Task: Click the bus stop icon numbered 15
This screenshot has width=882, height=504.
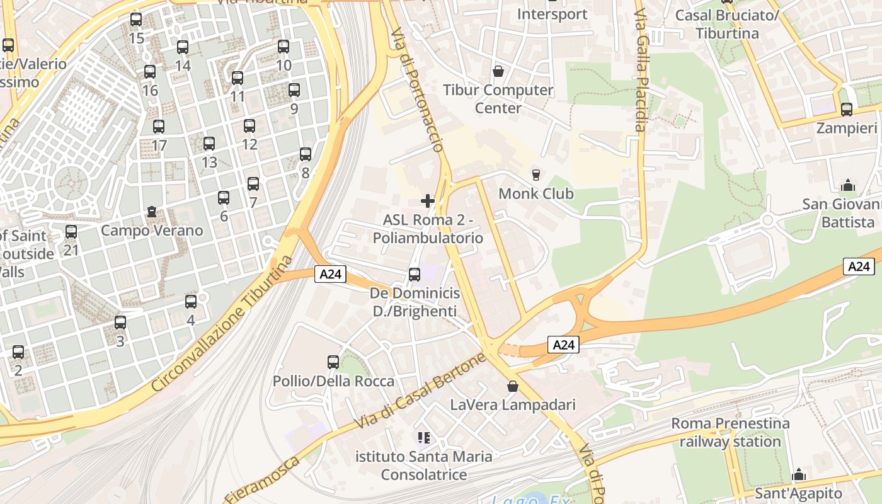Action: click(136, 20)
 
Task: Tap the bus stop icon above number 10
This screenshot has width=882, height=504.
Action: click(283, 47)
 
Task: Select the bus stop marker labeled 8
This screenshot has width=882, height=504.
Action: click(306, 154)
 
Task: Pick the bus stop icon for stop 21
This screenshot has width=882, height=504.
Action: click(71, 232)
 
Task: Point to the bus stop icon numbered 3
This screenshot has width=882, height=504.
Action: click(120, 323)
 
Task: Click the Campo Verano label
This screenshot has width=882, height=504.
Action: click(152, 231)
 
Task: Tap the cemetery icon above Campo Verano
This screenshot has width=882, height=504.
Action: click(152, 212)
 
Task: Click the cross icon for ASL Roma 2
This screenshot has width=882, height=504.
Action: click(428, 201)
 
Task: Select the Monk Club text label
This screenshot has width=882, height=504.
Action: click(536, 193)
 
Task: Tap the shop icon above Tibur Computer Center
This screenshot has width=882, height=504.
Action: click(498, 71)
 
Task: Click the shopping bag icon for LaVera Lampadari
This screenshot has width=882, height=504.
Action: click(513, 386)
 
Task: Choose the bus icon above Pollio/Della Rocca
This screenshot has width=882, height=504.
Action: click(333, 362)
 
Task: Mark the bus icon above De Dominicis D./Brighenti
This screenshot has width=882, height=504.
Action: click(415, 275)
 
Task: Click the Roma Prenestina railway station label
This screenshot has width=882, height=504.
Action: click(730, 432)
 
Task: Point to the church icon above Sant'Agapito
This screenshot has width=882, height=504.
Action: click(799, 474)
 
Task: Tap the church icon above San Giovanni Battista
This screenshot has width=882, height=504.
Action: click(848, 186)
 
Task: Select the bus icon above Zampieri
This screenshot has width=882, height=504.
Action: click(847, 110)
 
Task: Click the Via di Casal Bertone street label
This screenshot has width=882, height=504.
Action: click(421, 392)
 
